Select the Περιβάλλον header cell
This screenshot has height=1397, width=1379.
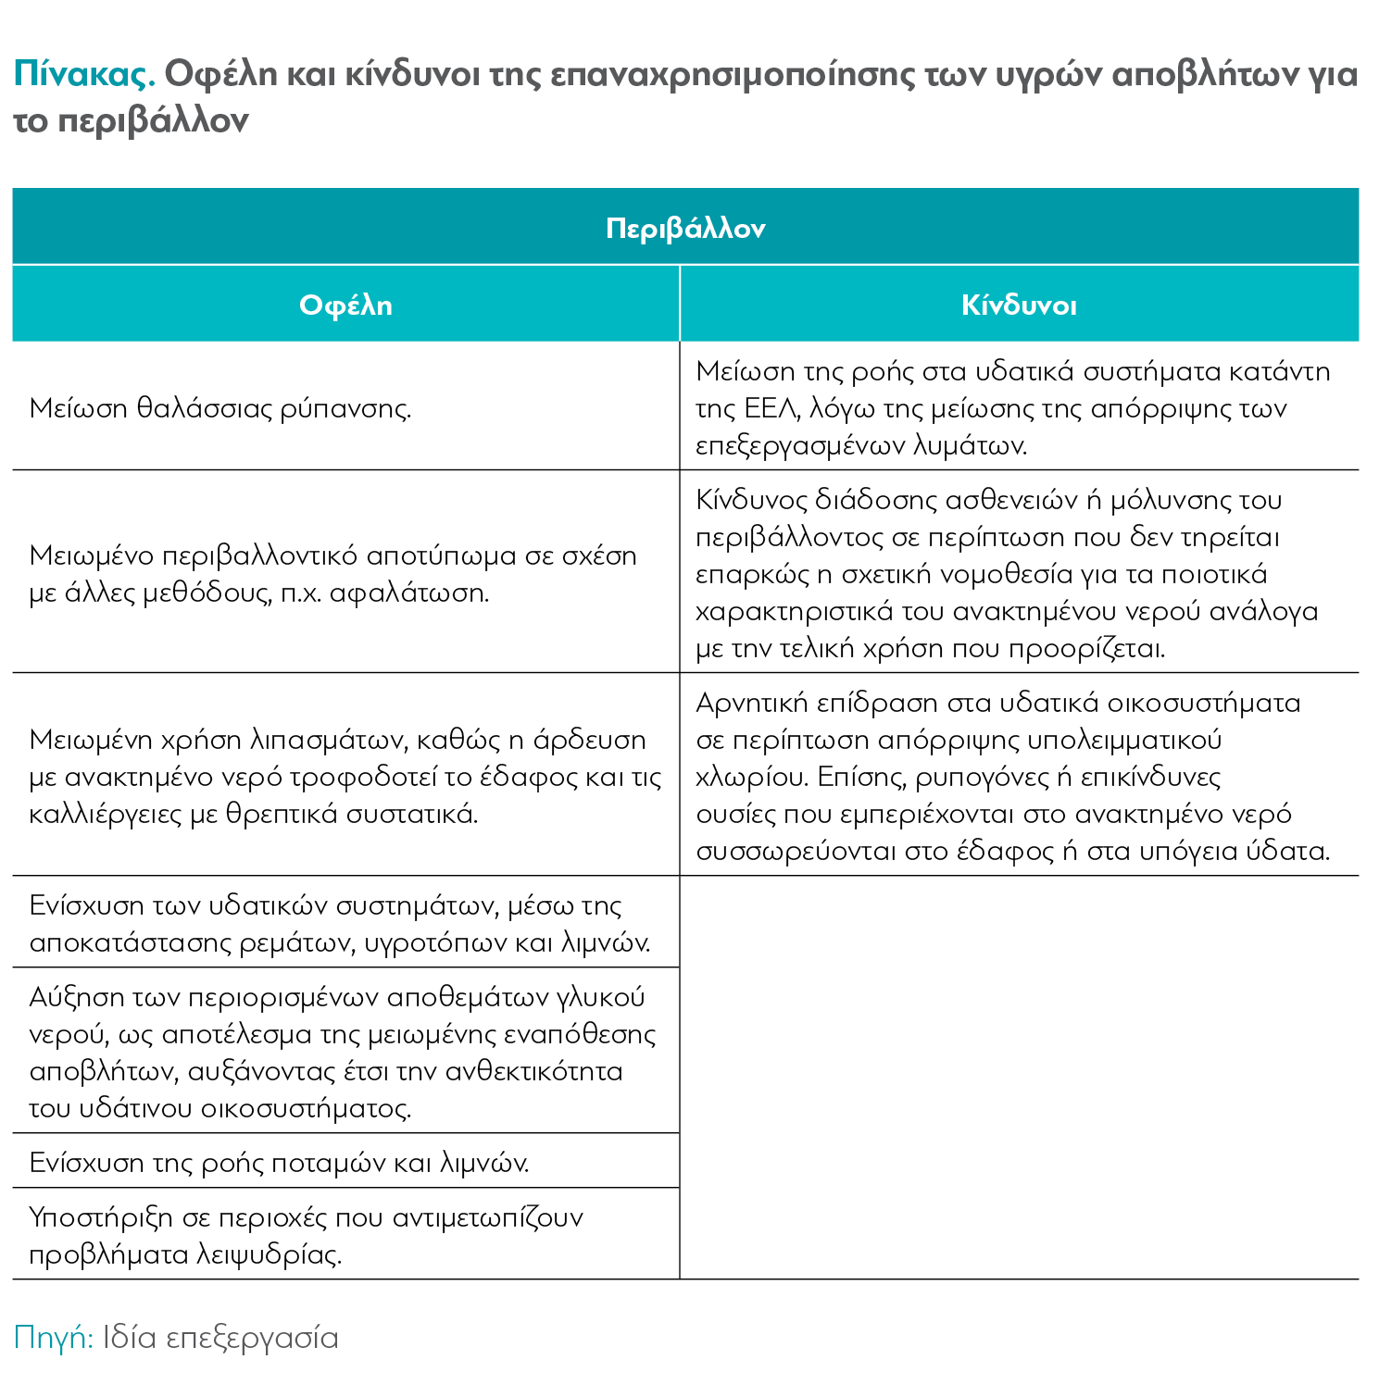[685, 228]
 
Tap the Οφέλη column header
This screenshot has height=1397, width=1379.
[345, 305]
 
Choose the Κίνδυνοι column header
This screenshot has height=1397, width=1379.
[1019, 305]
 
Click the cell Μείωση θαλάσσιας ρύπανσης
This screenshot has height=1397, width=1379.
[220, 407]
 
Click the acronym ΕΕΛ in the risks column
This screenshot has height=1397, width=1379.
[775, 408]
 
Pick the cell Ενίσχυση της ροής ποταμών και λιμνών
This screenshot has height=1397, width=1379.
[279, 1162]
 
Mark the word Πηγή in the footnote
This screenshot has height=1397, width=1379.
[53, 1338]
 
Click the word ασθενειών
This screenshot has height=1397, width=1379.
[1011, 500]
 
